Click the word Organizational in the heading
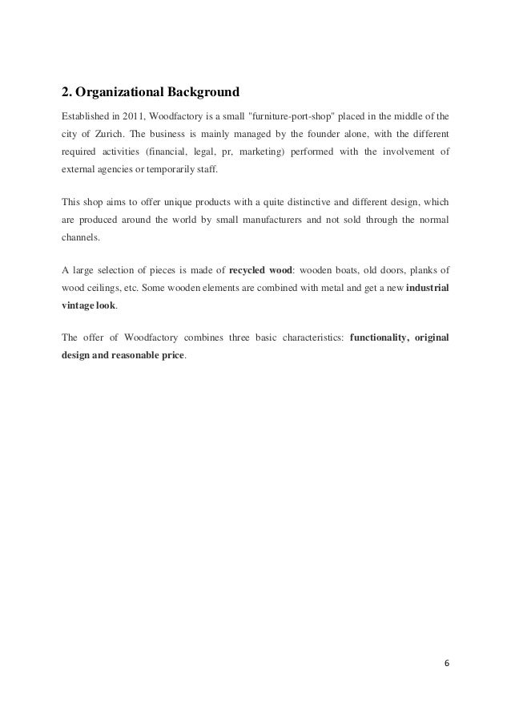[117, 91]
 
